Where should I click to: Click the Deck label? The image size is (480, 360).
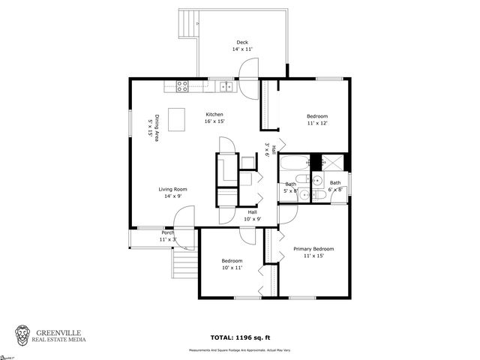(x=241, y=42)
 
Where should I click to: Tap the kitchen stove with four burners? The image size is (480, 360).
(x=181, y=86)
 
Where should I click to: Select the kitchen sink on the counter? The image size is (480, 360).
(x=226, y=87)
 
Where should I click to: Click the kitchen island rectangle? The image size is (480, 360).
(x=177, y=119)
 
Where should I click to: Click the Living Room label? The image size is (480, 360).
(x=172, y=189)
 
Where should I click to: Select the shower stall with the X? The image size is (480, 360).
(x=336, y=163)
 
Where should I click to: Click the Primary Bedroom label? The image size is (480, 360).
(x=313, y=248)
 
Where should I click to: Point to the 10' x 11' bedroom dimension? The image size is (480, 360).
(x=232, y=267)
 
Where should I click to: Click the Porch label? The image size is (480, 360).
(x=167, y=232)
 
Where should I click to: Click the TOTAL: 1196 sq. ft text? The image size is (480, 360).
(x=241, y=338)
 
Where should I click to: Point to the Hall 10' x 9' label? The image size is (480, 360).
(x=253, y=215)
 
